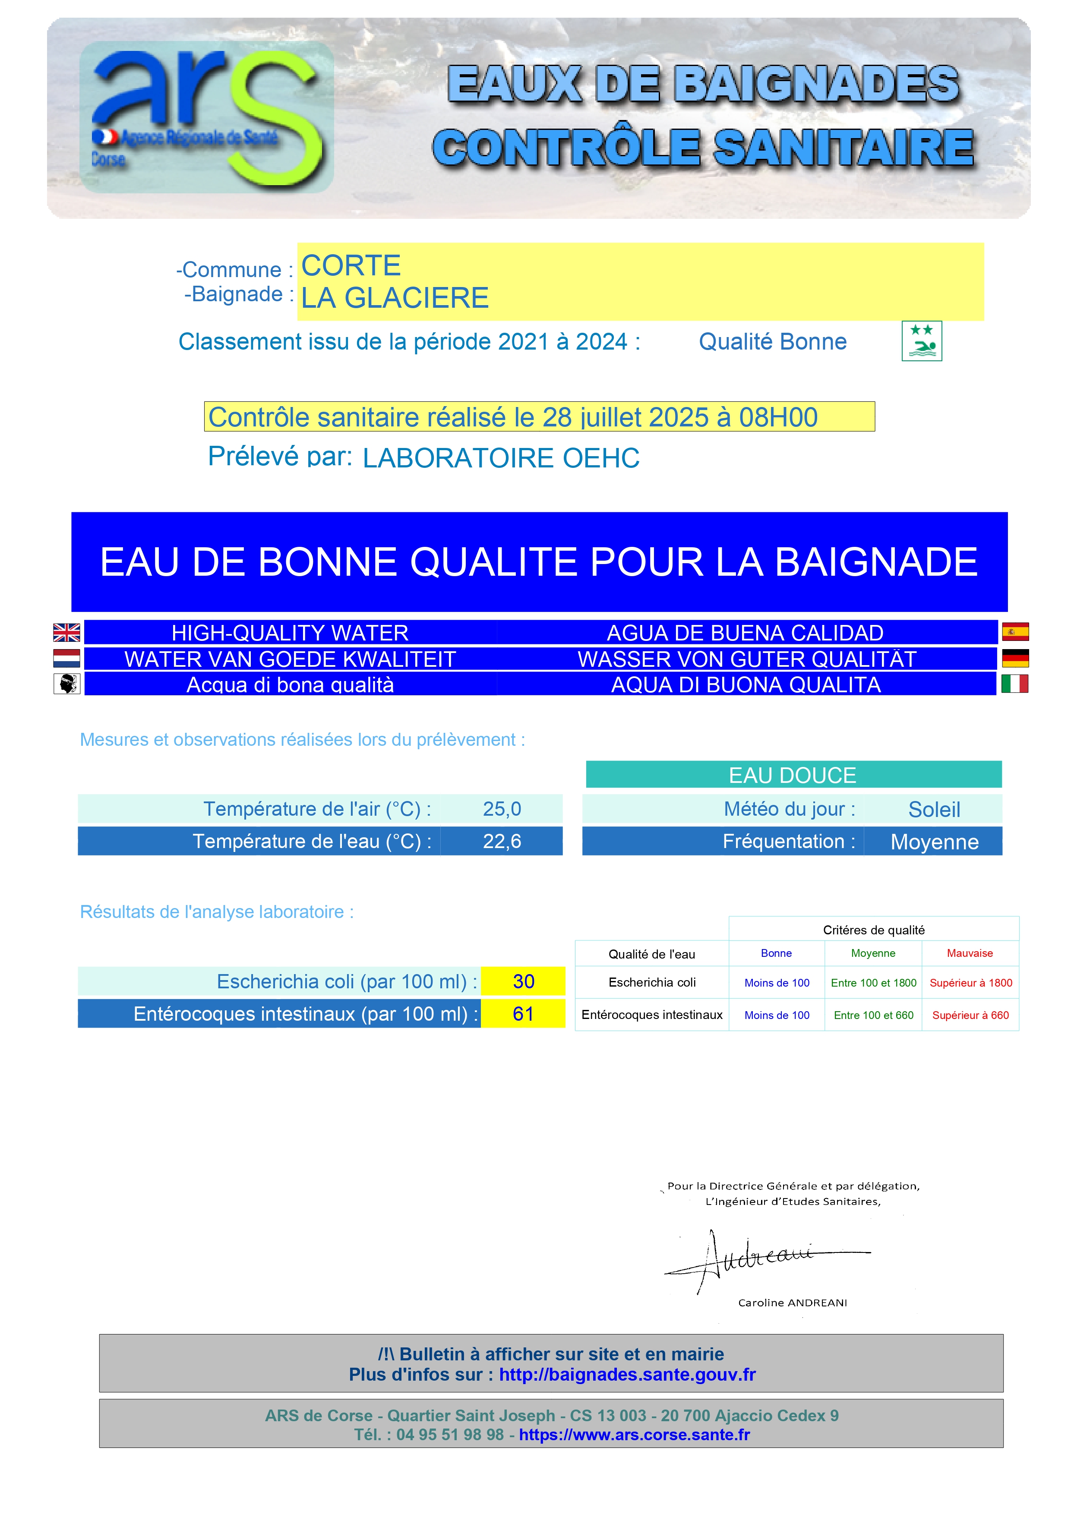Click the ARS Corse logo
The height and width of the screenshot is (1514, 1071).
[206, 117]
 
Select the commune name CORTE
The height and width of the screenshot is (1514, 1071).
[351, 266]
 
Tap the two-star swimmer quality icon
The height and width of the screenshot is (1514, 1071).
[921, 341]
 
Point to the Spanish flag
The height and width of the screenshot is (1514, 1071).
[1014, 632]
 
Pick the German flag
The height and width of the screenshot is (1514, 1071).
[1014, 658]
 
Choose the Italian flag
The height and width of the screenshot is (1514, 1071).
[1014, 684]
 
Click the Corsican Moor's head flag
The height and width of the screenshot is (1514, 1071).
[66, 684]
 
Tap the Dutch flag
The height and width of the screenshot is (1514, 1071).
[66, 658]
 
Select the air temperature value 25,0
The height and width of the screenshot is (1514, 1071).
[502, 809]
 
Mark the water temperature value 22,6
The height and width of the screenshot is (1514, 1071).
[502, 842]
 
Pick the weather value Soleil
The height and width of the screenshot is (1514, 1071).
[934, 810]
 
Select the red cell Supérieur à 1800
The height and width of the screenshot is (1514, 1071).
[970, 983]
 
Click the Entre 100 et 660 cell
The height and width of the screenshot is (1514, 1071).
[873, 1015]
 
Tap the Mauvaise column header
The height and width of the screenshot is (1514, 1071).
[970, 953]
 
